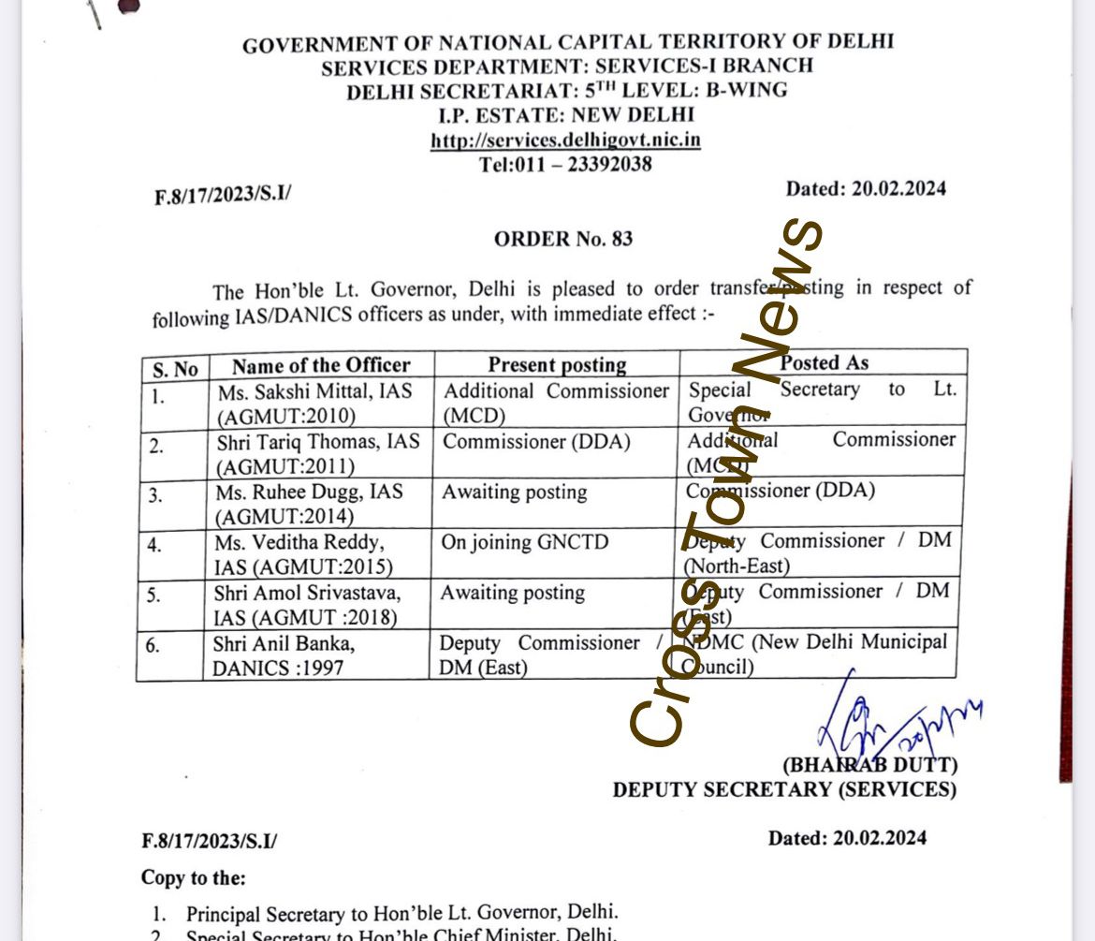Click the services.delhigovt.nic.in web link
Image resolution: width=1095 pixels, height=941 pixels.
[x=565, y=140]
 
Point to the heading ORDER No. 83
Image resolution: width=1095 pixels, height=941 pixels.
[x=563, y=239]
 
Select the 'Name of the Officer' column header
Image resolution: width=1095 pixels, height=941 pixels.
[x=321, y=365]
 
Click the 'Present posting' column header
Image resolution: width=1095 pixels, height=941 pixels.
[x=557, y=365]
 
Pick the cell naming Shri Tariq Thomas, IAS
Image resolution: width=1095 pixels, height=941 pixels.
[x=318, y=453]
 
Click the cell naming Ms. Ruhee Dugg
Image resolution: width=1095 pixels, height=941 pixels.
[x=310, y=504]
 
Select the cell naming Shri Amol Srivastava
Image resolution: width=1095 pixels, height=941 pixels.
[x=307, y=604]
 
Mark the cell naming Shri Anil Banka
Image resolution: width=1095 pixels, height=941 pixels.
[x=285, y=654]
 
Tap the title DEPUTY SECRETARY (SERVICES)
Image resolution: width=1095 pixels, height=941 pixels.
[x=784, y=789]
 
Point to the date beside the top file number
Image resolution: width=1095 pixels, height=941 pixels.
[x=866, y=188]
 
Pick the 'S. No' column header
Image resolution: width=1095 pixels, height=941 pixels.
[x=175, y=369]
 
